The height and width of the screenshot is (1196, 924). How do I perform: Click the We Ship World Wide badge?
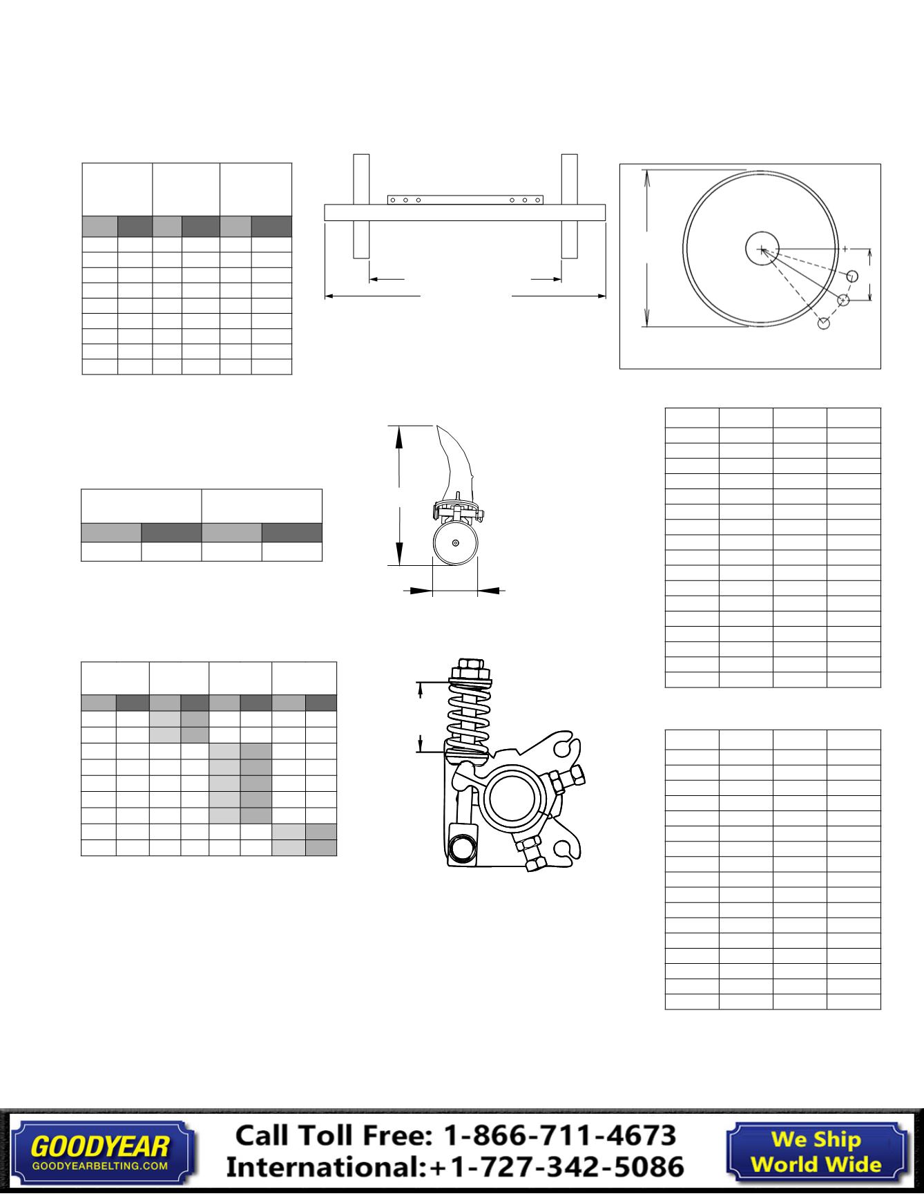click(x=816, y=1151)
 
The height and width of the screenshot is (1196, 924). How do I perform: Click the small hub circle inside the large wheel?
click(x=762, y=249)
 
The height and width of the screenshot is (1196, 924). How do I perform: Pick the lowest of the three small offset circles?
click(x=823, y=323)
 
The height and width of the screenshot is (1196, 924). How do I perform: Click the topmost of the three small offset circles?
click(x=852, y=276)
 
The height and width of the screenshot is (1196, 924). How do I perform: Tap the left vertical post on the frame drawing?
click(x=361, y=206)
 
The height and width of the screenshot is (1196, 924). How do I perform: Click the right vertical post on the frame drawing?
click(x=569, y=206)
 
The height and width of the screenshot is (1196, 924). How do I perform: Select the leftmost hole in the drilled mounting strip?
click(x=392, y=200)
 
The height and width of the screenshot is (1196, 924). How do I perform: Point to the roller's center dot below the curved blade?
click(x=455, y=543)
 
